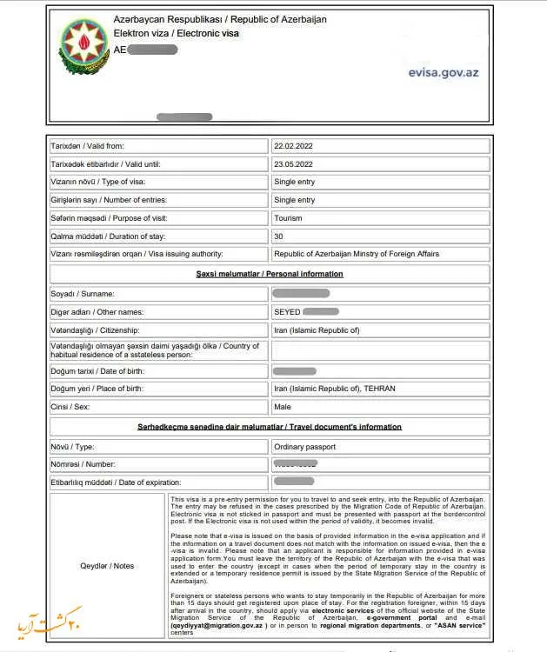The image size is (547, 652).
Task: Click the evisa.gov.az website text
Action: pyautogui.click(x=443, y=73)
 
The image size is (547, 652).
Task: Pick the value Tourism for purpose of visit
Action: pyautogui.click(x=289, y=217)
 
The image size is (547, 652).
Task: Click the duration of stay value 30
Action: pyautogui.click(x=278, y=236)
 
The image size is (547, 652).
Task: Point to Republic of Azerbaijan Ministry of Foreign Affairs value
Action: pyautogui.click(x=356, y=254)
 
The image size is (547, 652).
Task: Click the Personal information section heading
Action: pyautogui.click(x=269, y=274)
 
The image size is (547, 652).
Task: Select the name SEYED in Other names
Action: pyautogui.click(x=286, y=311)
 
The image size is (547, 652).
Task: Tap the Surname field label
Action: pyautogui.click(x=83, y=294)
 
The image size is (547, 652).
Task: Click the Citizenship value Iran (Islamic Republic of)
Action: pyautogui.click(x=316, y=330)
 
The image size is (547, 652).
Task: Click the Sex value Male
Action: pyautogui.click(x=283, y=406)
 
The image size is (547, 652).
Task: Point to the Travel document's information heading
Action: pyautogui.click(x=269, y=427)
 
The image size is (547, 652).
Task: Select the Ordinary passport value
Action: pyautogui.click(x=304, y=447)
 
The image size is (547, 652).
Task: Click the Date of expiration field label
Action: pyautogui.click(x=116, y=482)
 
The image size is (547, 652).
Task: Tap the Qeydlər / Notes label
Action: pyautogui.click(x=106, y=566)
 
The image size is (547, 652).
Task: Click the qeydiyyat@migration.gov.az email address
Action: pyautogui.click(x=221, y=624)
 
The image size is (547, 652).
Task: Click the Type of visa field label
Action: pyautogui.click(x=97, y=182)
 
